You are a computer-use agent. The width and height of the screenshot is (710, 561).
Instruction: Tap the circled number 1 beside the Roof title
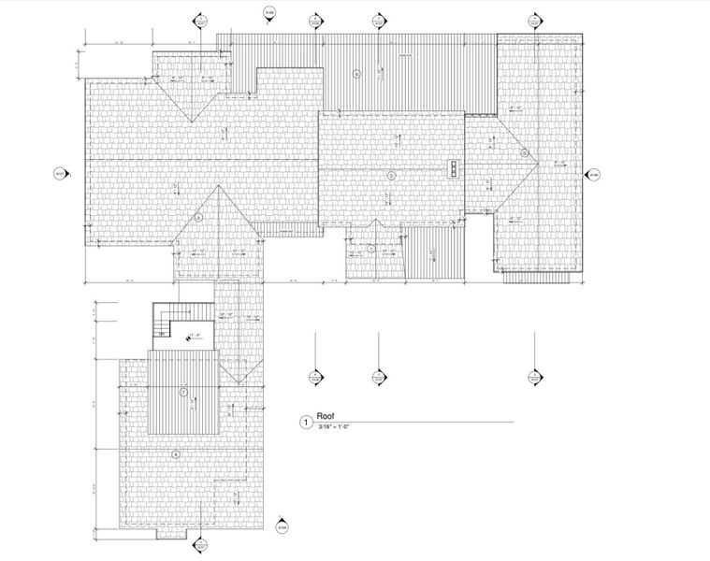(x=303, y=423)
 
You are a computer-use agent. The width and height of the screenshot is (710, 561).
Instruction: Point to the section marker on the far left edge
(x=58, y=173)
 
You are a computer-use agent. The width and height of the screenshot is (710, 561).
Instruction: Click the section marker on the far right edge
(x=592, y=174)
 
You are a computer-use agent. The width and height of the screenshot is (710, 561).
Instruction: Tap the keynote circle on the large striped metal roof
(x=356, y=73)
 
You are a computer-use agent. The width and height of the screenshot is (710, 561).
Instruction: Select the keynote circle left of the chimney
(x=392, y=175)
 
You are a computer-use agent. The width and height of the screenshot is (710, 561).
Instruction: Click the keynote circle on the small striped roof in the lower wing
(x=184, y=392)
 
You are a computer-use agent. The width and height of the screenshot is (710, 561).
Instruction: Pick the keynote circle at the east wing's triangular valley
(x=525, y=153)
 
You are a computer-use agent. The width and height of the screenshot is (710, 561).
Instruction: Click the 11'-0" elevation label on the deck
(x=195, y=335)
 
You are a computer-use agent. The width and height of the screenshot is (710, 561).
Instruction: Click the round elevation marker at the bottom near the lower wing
(x=281, y=528)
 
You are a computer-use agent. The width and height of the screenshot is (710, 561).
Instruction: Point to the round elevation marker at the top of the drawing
(x=269, y=12)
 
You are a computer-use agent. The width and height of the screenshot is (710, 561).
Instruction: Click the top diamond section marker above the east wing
(x=535, y=19)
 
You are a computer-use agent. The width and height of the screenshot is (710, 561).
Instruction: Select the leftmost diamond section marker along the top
(x=198, y=19)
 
